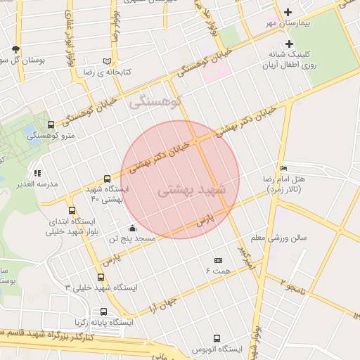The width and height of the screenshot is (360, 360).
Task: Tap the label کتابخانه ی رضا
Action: [107, 72]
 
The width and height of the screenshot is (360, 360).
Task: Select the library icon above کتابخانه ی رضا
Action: [107, 61]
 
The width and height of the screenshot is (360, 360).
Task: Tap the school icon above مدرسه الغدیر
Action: [37, 172]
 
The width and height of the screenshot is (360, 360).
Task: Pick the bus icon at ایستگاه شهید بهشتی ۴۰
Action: [107, 179]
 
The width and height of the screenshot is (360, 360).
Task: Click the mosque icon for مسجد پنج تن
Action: [132, 228]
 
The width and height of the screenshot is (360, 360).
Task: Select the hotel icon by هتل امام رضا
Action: [283, 168]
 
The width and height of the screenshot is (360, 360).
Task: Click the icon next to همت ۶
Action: [218, 260]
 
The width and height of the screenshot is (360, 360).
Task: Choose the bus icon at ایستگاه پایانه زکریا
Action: [104, 311]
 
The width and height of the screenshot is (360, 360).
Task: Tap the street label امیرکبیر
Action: [244, 262]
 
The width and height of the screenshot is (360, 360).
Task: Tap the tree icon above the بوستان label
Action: [16, 49]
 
